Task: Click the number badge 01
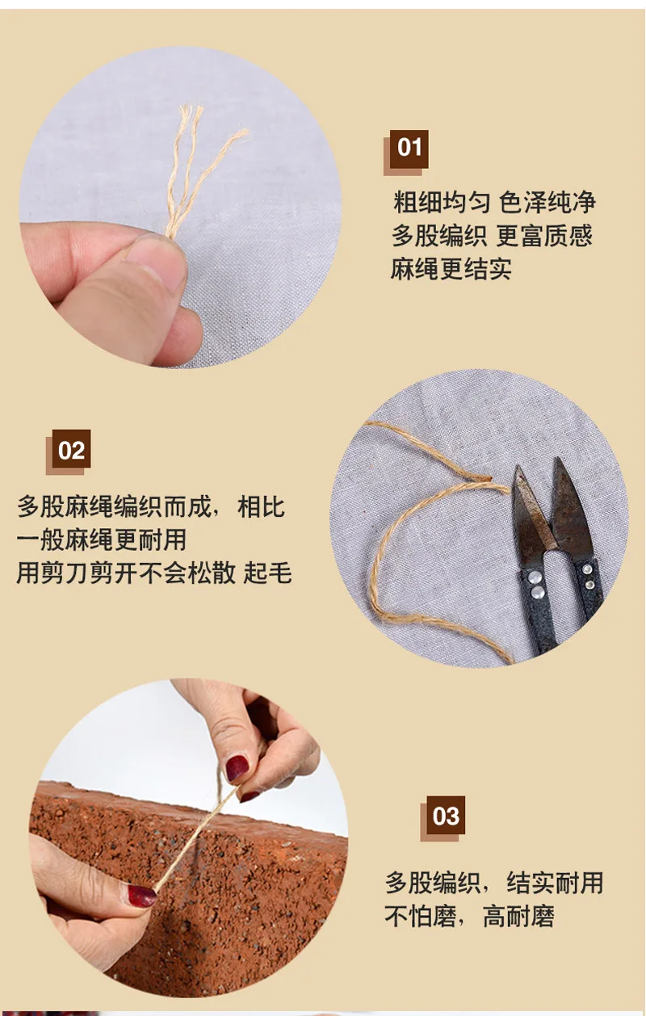409,149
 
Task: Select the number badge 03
446,816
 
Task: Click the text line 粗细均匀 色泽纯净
494,202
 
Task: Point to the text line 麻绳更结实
451,268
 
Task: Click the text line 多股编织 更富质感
493,235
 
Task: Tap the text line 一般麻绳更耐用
102,539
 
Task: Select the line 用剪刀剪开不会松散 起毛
154,573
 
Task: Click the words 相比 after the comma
262,506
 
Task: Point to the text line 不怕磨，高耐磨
469,916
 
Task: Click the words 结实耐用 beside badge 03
555,883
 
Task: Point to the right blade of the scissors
572,503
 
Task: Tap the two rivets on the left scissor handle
537,584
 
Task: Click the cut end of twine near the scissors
484,477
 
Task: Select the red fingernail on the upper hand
237,768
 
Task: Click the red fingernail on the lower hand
141,896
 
